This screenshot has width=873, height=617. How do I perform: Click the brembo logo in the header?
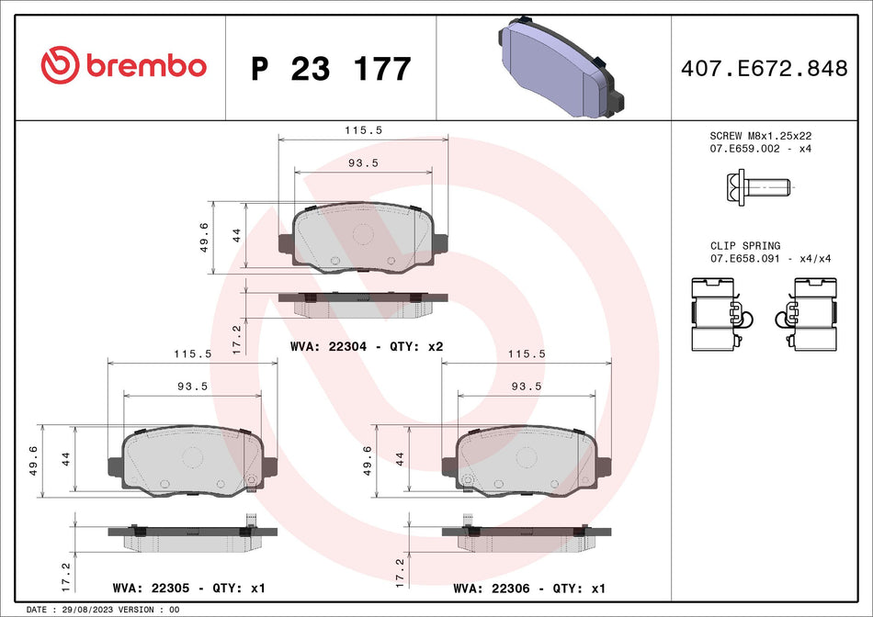pos(124,66)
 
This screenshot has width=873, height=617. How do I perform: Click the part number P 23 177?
pos(331,69)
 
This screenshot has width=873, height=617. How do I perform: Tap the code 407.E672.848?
pos(764,68)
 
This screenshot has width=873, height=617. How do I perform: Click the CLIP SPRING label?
pos(745,246)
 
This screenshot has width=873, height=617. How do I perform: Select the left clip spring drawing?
pos(720,313)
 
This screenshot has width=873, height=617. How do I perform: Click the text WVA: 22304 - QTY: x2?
pos(366,347)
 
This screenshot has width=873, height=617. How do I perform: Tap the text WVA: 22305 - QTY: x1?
pos(187,588)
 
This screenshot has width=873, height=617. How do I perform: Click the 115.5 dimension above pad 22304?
pos(363,130)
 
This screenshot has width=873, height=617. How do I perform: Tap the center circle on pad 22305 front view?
pos(192,456)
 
